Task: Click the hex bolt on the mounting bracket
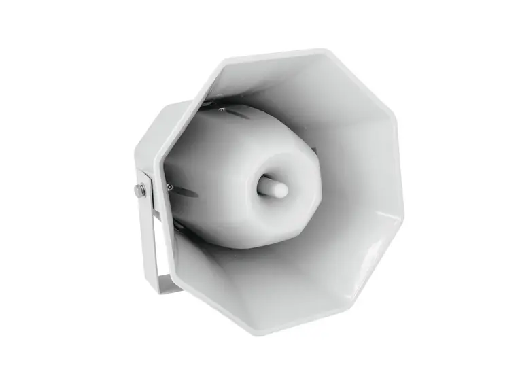(x=140, y=191)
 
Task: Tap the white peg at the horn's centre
(x=277, y=186)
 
